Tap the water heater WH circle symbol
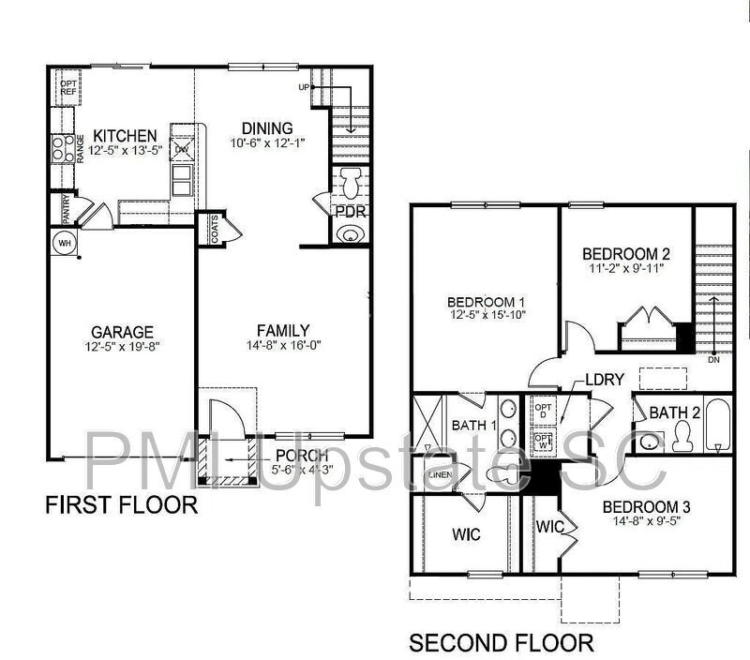(65, 243)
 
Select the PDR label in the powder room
(350, 212)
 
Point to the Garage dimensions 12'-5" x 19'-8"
(122, 347)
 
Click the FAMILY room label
(283, 330)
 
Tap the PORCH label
(302, 457)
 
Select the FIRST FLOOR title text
(122, 506)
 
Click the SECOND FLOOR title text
(501, 643)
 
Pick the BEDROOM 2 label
(626, 254)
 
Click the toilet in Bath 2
(681, 433)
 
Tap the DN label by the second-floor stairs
(714, 360)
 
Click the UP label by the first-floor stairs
(302, 87)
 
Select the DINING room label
(267, 127)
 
